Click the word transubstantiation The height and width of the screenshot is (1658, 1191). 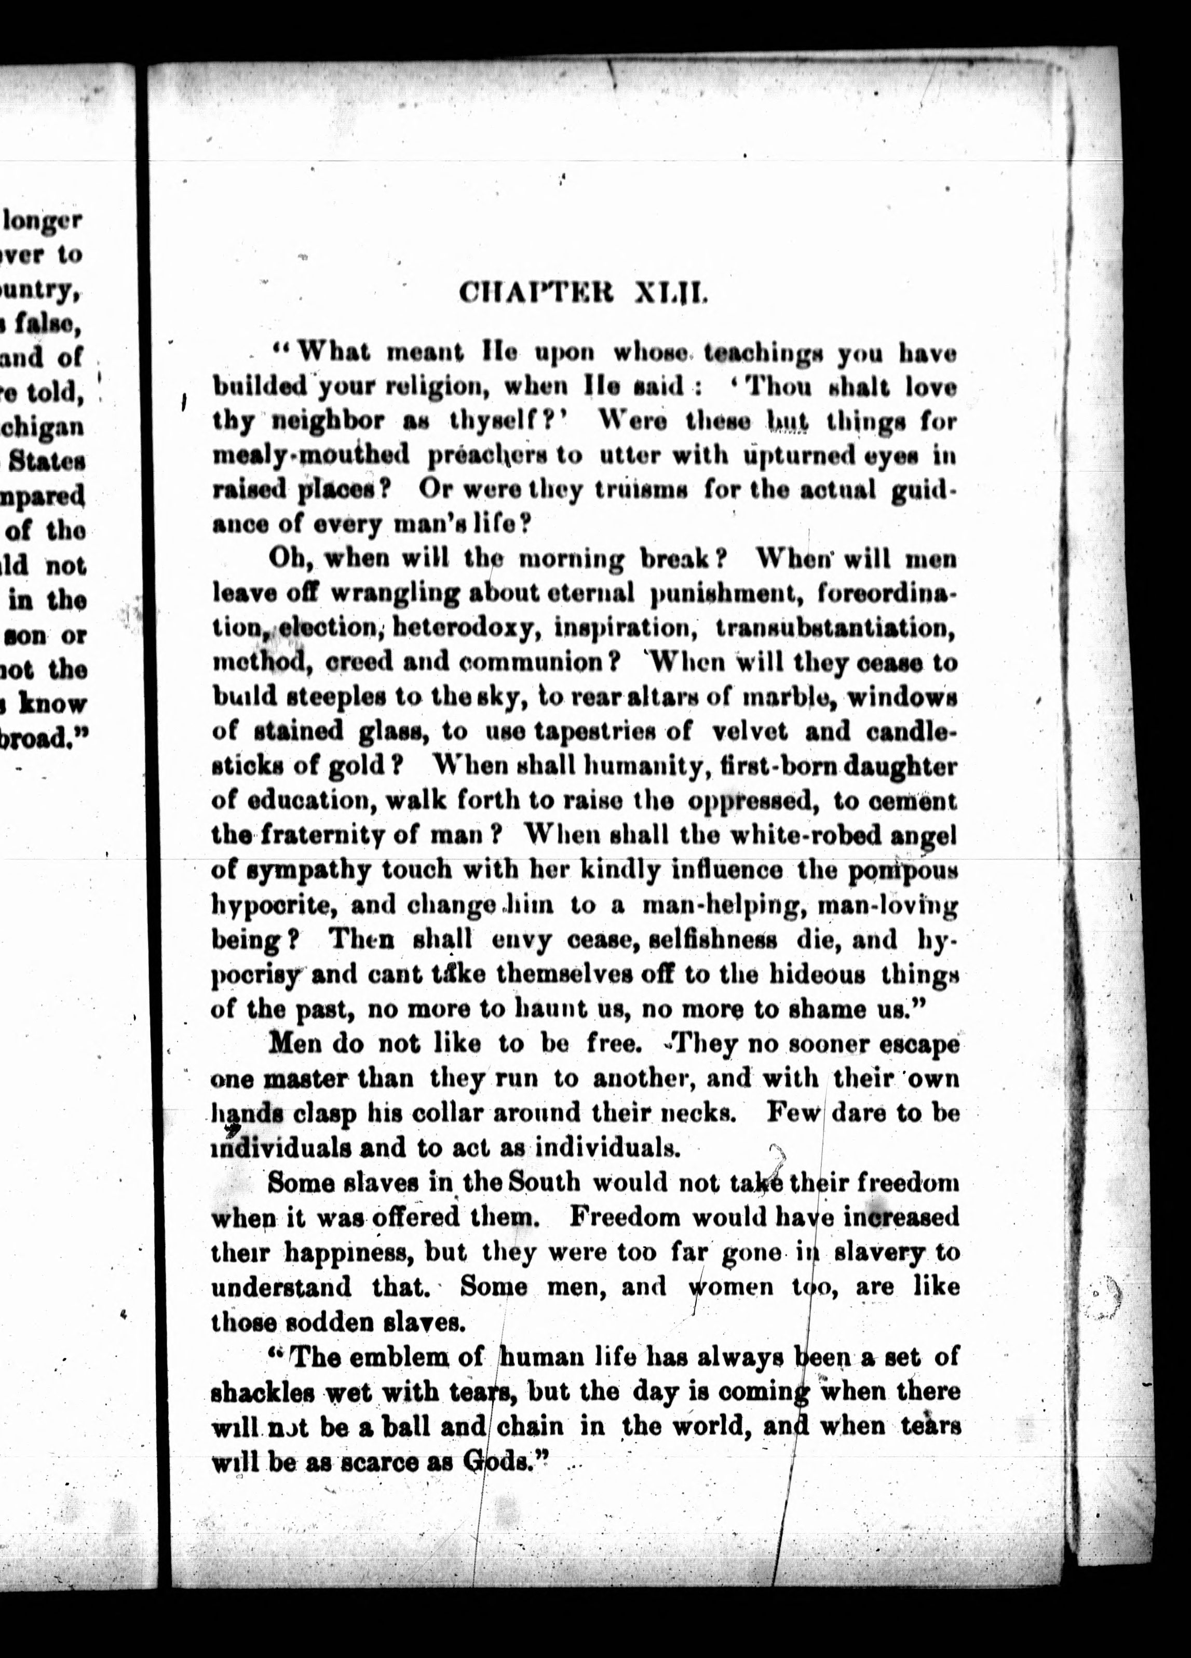(x=835, y=628)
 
